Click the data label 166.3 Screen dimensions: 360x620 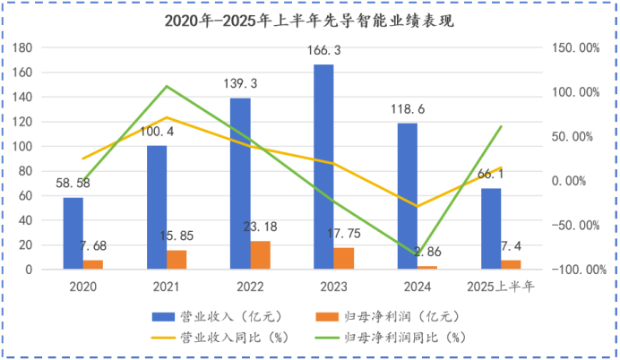click(x=323, y=51)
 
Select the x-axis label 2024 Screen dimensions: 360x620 click(x=418, y=287)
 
